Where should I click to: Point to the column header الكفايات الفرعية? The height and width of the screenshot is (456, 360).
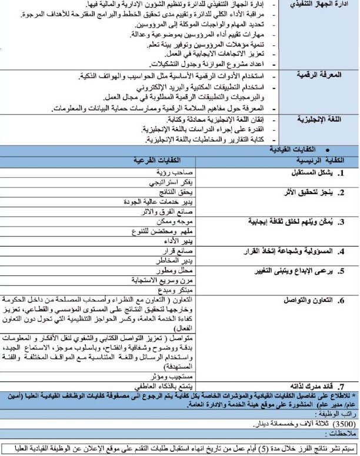pos(156,159)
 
